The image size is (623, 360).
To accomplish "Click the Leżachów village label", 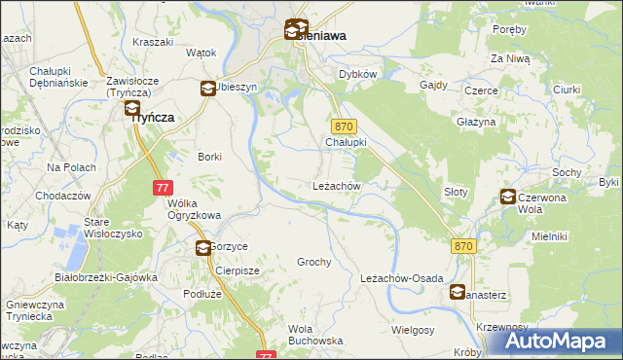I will tap(337, 186).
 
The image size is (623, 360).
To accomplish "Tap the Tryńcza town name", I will tap(148, 116).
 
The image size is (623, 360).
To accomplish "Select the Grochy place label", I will tap(314, 262).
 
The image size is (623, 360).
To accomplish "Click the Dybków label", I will tap(357, 74).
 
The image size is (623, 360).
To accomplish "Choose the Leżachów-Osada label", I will tap(402, 277).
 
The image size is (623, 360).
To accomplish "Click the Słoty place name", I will tap(456, 192).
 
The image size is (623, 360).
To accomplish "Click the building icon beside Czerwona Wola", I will tap(507, 197).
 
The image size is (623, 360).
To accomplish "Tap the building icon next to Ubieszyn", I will tap(207, 89).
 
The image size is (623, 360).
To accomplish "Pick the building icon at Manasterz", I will tap(458, 291).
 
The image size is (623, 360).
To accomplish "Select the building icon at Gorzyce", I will tap(203, 248).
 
